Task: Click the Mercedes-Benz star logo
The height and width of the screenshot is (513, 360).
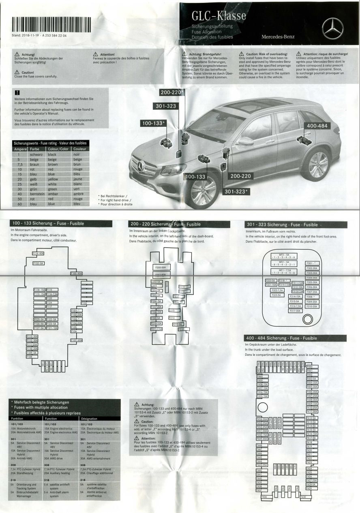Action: click(x=332, y=28)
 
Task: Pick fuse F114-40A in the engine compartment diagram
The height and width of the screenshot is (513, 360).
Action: click(x=38, y=254)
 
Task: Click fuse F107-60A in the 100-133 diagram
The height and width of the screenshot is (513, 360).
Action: click(x=77, y=340)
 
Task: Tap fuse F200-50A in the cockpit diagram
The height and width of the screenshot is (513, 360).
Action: click(x=161, y=268)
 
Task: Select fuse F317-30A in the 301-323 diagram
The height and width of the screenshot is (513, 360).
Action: click(x=295, y=311)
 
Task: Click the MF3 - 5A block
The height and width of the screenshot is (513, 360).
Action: click(x=287, y=256)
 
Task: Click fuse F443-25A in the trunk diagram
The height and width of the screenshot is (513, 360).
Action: click(x=262, y=465)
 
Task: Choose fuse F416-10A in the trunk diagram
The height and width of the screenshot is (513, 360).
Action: click(x=312, y=434)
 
